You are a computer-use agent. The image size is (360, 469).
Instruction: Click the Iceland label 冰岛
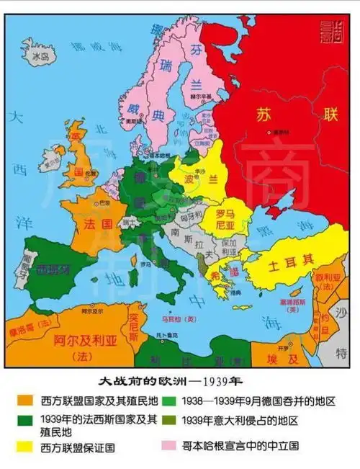40,54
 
